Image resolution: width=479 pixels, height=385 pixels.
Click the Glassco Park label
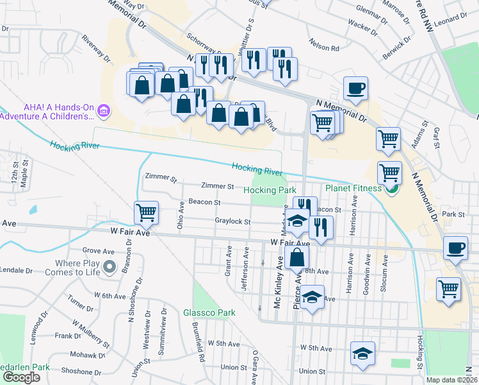click(209, 312)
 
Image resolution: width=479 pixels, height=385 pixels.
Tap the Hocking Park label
click(270, 191)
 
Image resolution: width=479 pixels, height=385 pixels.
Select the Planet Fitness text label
click(353, 188)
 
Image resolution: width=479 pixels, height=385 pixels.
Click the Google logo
click(21, 377)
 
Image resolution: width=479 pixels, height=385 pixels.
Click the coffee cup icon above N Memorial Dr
click(355, 89)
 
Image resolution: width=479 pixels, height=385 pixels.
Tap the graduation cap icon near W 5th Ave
click(362, 354)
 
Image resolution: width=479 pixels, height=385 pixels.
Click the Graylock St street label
click(232, 222)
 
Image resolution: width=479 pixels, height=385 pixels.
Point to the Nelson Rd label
click(324, 48)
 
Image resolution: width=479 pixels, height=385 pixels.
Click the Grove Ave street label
click(97, 251)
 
